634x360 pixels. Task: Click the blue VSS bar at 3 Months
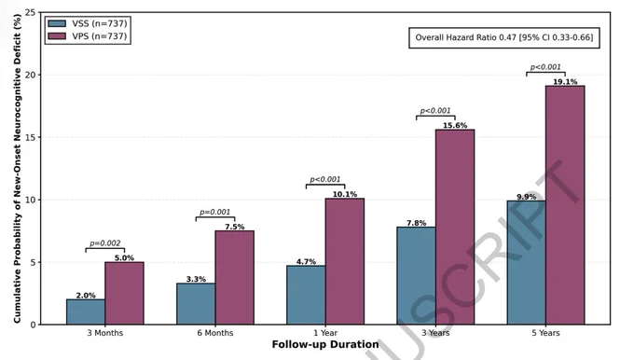coord(86,312)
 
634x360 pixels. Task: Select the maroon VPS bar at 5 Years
coord(565,205)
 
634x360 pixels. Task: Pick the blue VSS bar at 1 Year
coord(306,295)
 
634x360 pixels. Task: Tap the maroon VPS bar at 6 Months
coord(235,278)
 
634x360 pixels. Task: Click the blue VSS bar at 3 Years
coord(416,275)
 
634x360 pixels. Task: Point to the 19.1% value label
coord(565,82)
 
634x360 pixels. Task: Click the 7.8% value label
coord(417,223)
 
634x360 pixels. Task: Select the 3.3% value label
coord(196,279)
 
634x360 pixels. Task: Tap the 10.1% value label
coord(345,194)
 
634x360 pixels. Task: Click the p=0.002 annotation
coord(105,243)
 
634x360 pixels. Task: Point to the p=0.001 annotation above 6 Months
coord(215,212)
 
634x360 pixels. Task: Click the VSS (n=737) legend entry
coord(88,23)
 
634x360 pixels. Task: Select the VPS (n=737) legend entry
coord(88,36)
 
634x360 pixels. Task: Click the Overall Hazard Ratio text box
coord(504,37)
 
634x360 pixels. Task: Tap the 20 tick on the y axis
coord(31,75)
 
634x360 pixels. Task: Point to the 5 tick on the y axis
coord(34,262)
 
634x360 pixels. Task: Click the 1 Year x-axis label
coord(325,333)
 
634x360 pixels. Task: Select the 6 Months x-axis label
coord(215,333)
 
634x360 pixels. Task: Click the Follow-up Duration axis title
coord(325,345)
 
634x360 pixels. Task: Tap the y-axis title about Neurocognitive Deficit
coord(17,169)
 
